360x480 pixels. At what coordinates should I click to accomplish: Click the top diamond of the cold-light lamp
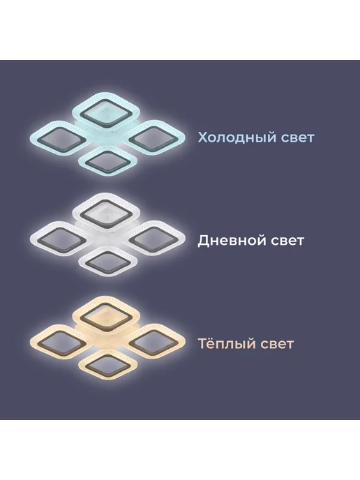[x=106, y=112]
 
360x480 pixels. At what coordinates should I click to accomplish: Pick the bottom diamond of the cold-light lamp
[x=107, y=161]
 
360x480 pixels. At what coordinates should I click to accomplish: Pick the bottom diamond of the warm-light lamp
[x=107, y=365]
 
